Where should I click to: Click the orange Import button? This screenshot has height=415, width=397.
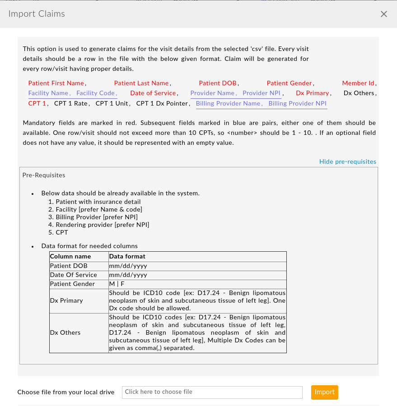click(324, 392)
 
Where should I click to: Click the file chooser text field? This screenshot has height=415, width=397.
click(212, 392)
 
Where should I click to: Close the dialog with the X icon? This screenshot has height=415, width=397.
click(384, 14)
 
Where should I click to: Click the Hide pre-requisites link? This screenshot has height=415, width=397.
click(347, 161)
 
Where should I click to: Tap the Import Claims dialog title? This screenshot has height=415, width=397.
click(37, 14)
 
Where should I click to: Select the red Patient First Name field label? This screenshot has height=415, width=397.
click(56, 83)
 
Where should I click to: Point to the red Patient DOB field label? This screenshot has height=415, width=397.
click(218, 83)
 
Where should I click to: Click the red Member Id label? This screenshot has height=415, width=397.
click(358, 83)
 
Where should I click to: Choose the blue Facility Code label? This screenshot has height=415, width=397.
click(96, 93)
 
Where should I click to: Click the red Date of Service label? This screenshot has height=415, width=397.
click(153, 93)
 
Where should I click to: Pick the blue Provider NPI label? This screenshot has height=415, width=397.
click(262, 93)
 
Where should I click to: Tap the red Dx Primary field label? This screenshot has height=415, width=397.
click(313, 93)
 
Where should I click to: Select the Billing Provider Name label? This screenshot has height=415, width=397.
click(228, 103)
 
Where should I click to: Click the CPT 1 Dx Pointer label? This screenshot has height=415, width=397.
click(162, 103)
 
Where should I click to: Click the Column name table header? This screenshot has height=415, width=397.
click(70, 256)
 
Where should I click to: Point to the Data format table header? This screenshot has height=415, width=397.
click(127, 256)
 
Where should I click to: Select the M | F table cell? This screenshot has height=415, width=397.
click(117, 284)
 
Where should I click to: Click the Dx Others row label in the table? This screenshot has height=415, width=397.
click(65, 332)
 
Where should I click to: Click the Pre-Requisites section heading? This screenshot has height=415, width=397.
click(44, 175)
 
